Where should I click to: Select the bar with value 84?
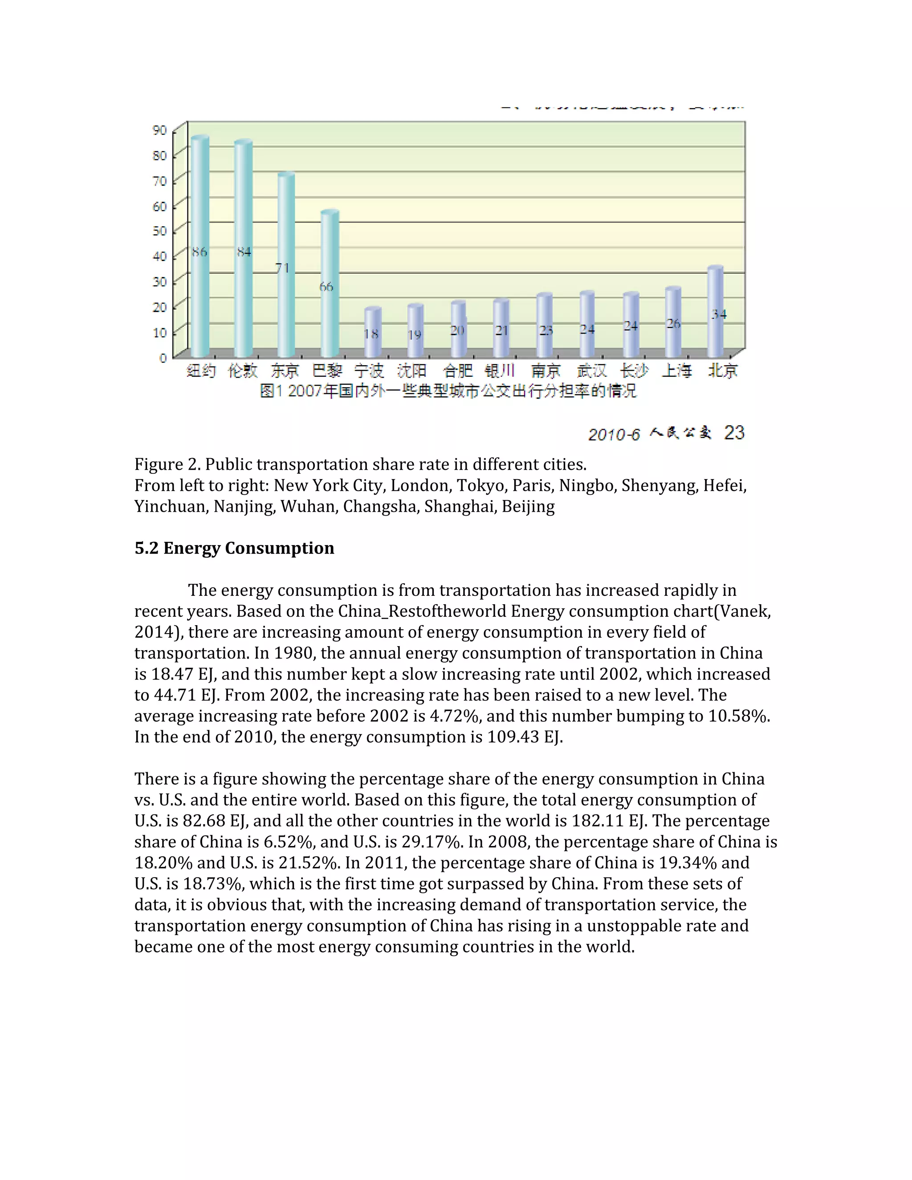pyautogui.click(x=243, y=248)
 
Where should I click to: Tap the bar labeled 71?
pyautogui.click(x=286, y=265)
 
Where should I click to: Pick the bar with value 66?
pyautogui.click(x=329, y=284)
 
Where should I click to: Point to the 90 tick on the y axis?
pyautogui.click(x=160, y=130)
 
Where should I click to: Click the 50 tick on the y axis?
pyautogui.click(x=160, y=231)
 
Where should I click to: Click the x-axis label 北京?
pyautogui.click(x=722, y=370)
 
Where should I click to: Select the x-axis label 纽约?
pyautogui.click(x=201, y=370)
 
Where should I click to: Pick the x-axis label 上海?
pyautogui.click(x=676, y=370)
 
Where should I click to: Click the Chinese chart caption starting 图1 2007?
pyautogui.click(x=448, y=391)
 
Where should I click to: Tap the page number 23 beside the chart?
pyautogui.click(x=734, y=433)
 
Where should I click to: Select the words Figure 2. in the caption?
pyautogui.click(x=167, y=464)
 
